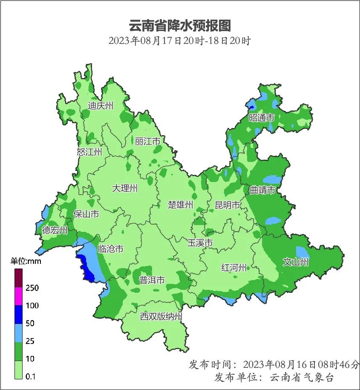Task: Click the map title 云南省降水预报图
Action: click(179, 26)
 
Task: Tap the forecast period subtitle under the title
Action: click(179, 41)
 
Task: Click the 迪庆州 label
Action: click(101, 106)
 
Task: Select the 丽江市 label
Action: click(147, 141)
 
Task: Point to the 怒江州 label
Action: click(89, 152)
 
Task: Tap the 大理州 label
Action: click(125, 188)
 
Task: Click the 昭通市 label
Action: click(261, 118)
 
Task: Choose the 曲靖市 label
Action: click(262, 190)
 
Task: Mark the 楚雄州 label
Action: click(180, 205)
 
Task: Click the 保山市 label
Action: click(86, 214)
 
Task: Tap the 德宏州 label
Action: click(55, 230)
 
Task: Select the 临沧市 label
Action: click(110, 248)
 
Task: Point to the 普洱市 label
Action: click(152, 280)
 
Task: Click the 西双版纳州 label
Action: click(161, 317)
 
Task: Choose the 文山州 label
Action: click(296, 262)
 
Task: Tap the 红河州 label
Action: click(234, 268)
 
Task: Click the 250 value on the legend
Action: click(32, 288)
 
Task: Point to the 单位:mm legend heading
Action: click(26, 261)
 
